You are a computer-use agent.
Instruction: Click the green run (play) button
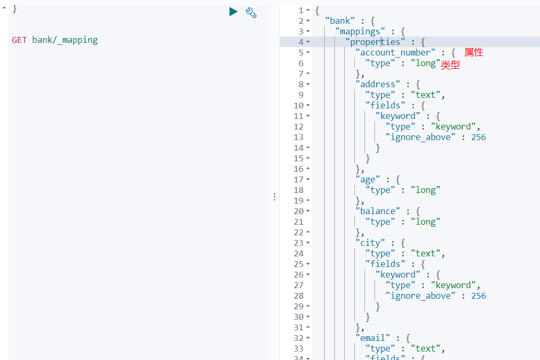[233, 12]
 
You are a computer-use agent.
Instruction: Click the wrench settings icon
[251, 13]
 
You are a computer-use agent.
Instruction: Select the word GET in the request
[20, 40]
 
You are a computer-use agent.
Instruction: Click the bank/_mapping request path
[65, 40]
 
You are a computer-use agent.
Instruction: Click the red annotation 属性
[474, 52]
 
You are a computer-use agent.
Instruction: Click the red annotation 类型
[451, 65]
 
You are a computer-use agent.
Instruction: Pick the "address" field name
[378, 84]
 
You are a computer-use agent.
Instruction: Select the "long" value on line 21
[425, 221]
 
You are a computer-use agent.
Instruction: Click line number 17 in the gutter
[298, 179]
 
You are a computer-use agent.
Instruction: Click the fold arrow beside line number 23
[308, 243]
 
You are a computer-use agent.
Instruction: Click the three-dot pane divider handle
[274, 197]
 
